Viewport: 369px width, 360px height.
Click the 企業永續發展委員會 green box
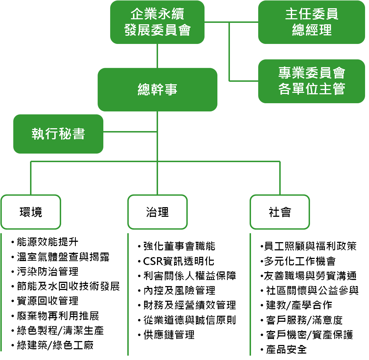pyautogui.click(x=157, y=22)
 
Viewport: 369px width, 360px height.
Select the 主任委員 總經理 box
pyautogui.click(x=311, y=22)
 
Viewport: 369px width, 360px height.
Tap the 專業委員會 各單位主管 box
pyautogui.click(x=311, y=81)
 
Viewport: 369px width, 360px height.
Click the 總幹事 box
pyautogui.click(x=157, y=89)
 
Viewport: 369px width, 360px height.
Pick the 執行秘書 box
pyautogui.click(x=58, y=134)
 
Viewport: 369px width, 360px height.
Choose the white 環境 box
pyautogui.click(x=31, y=212)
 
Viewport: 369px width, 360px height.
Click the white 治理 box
pyautogui.click(x=157, y=212)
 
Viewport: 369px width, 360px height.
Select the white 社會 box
pyautogui.click(x=280, y=212)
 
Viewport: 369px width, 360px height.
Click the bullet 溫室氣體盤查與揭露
pyautogui.click(x=63, y=257)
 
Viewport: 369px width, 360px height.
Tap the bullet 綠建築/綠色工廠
pyautogui.click(x=55, y=345)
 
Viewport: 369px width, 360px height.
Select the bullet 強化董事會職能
pyautogui.click(x=179, y=246)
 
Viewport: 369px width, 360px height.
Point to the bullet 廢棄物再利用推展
pyautogui.click(x=58, y=316)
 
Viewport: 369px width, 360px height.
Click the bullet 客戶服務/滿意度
pyautogui.click(x=304, y=320)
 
